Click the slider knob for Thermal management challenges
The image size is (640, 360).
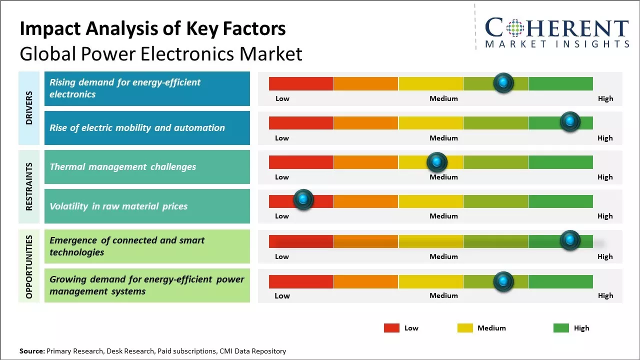437,162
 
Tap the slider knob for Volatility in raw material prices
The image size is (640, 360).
303,199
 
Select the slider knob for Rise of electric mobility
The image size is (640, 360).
570,121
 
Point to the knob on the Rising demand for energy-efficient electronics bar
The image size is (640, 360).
503,82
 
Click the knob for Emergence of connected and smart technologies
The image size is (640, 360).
570,240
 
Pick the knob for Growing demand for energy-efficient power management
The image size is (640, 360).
503,281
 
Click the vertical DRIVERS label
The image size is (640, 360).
29,107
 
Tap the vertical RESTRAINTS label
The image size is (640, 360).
29,186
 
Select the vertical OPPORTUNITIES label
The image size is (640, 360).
29,266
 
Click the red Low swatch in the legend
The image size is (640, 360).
391,328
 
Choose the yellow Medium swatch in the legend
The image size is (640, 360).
465,328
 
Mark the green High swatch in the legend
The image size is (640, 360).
561,328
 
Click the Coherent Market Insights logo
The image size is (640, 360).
556,32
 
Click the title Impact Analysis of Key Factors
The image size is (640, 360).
152,29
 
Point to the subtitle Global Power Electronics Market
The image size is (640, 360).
160,54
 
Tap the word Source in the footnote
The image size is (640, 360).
31,351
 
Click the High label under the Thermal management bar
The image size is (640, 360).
605,177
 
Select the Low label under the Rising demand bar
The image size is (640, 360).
282,98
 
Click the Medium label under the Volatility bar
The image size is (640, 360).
443,216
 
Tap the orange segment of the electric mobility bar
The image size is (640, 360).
366,122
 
